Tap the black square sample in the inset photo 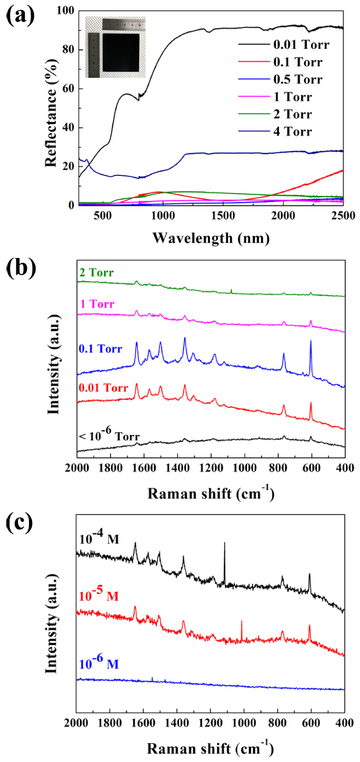coord(121,52)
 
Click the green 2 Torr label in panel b coord(98,273)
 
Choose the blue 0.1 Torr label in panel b coord(101,348)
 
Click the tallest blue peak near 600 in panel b coord(311,342)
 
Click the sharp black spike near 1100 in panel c coord(225,544)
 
